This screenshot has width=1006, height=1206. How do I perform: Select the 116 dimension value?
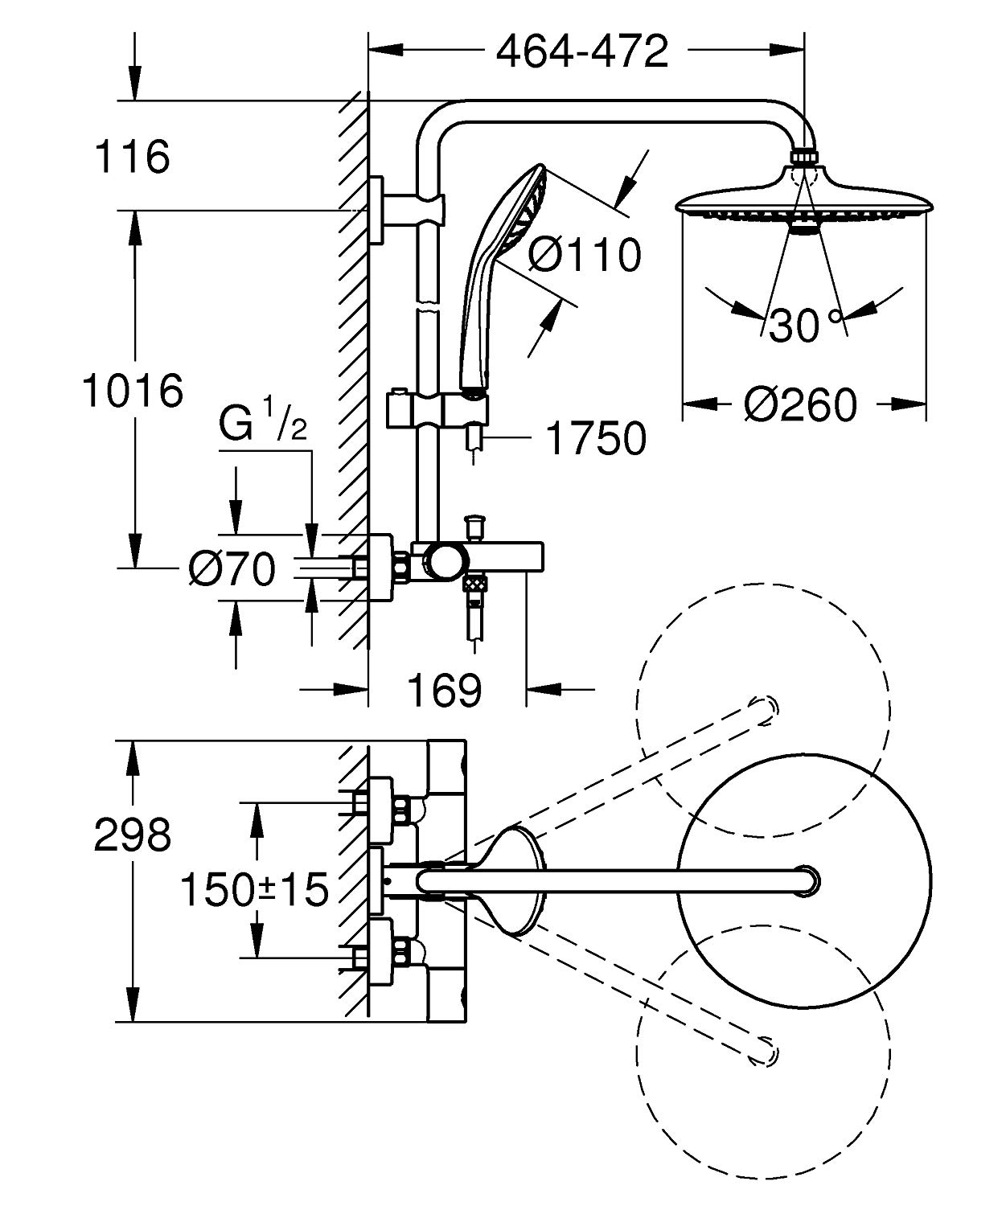[132, 156]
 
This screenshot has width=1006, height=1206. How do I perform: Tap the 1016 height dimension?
[133, 391]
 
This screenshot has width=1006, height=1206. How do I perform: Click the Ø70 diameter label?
[232, 570]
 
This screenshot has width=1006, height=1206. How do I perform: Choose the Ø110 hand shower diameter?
[585, 255]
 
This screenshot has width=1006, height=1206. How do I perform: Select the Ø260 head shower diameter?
[800, 404]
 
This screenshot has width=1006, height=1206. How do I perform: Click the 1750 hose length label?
[595, 439]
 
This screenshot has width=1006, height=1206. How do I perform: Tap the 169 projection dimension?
[445, 689]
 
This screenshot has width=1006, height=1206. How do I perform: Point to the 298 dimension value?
[133, 835]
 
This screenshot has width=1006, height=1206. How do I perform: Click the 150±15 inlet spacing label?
[254, 889]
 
